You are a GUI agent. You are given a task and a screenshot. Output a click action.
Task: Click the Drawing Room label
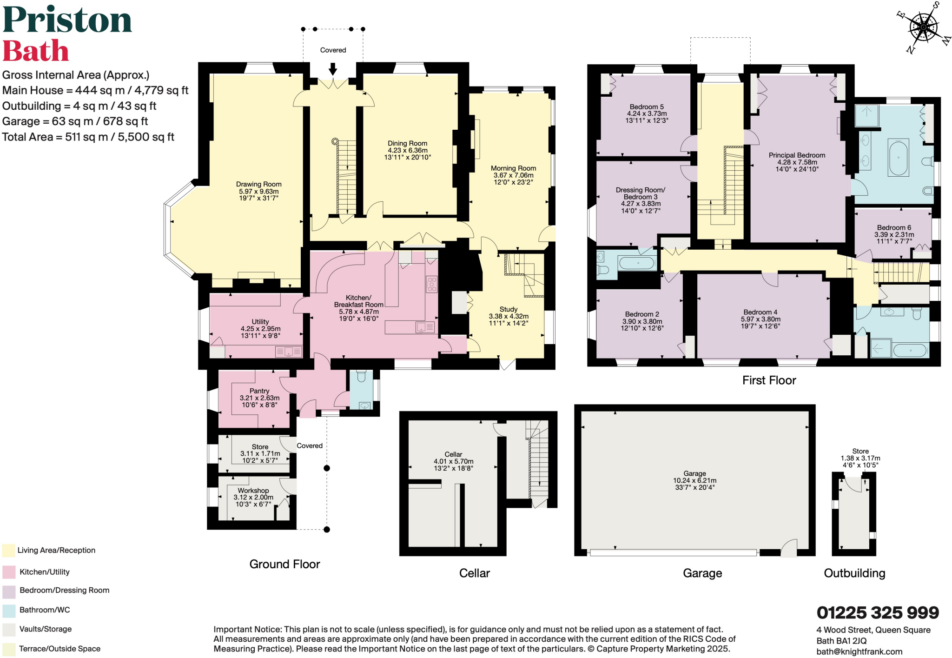coord(258,184)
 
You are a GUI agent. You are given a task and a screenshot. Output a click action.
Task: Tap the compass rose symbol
coord(923,27)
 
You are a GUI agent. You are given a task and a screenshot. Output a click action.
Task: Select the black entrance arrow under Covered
coord(333,69)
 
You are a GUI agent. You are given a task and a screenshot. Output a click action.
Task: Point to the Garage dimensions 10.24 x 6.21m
coord(694,480)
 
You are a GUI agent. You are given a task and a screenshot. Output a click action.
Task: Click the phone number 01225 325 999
coord(878,612)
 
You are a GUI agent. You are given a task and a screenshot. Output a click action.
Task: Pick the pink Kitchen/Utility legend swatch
coord(9,572)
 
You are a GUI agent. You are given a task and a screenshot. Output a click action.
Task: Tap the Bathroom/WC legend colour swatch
coord(9,610)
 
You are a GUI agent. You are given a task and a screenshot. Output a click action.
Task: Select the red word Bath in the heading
coord(36,51)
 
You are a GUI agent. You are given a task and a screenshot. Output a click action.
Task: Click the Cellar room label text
coord(453,454)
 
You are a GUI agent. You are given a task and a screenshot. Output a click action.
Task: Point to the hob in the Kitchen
coord(432,284)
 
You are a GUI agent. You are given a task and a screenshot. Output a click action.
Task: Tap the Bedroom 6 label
coord(894,227)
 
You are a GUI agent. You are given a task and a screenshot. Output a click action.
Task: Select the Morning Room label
coord(513,168)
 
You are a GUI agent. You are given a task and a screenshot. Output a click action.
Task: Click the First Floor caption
coord(769,380)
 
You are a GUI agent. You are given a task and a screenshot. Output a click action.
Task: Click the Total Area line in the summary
coord(88,137)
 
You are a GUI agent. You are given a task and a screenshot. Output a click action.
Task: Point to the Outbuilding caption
coord(854,573)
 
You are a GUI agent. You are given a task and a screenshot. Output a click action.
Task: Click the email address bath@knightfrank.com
coord(859,651)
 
